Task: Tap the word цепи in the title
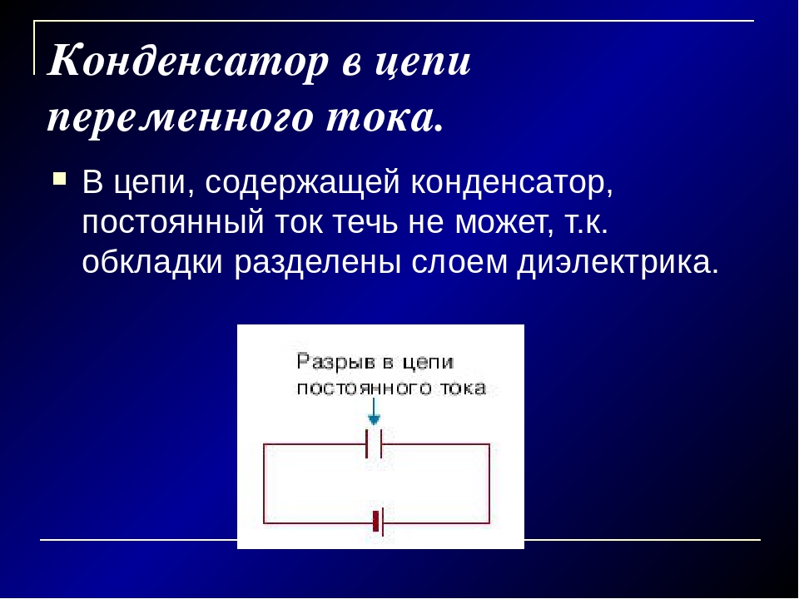(x=423, y=62)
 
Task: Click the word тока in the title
(x=383, y=119)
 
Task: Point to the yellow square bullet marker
(x=60, y=179)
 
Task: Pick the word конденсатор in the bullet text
(x=512, y=182)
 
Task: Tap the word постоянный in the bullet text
(x=173, y=222)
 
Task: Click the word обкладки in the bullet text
(x=152, y=262)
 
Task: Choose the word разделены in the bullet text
(x=317, y=264)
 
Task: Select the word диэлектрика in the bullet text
(x=618, y=264)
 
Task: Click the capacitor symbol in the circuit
(x=374, y=443)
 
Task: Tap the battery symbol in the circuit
(x=378, y=522)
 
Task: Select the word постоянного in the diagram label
(x=364, y=389)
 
